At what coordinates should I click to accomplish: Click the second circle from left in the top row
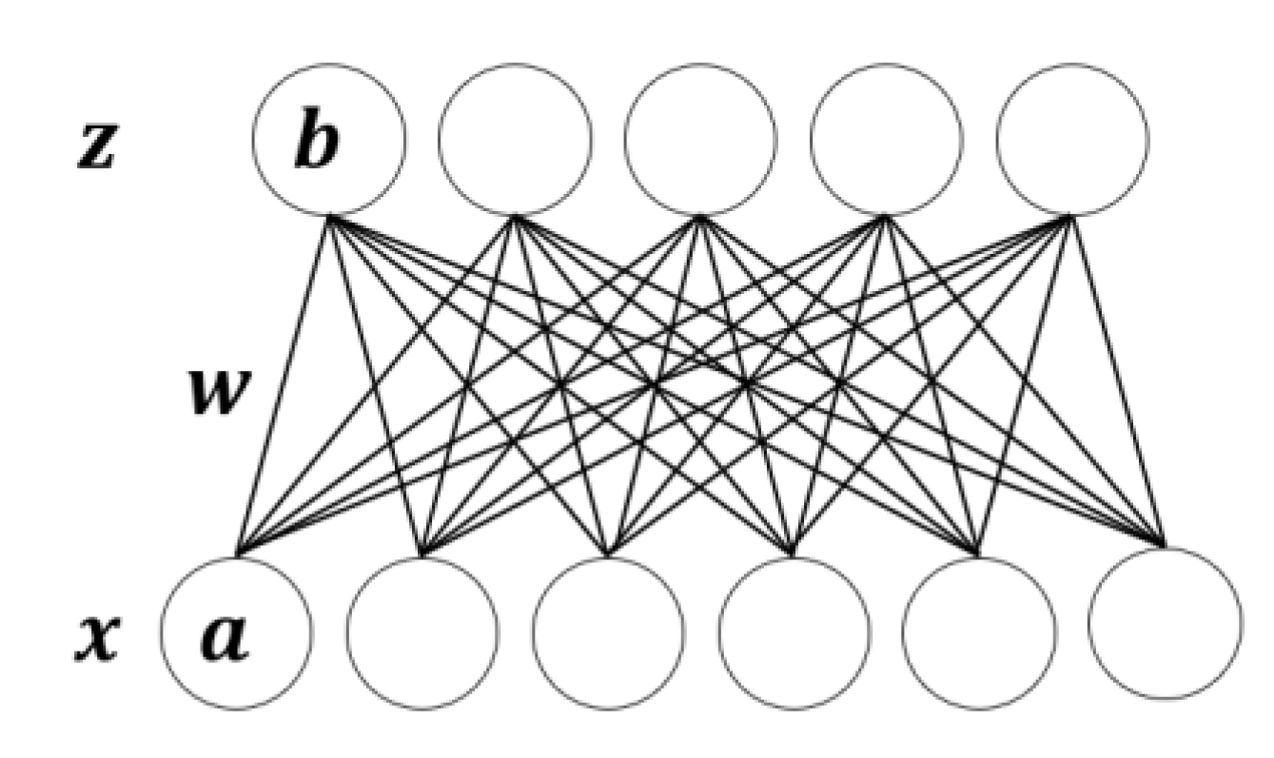click(514, 140)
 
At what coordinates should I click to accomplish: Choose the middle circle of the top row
click(700, 140)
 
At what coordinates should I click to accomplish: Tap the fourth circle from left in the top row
click(886, 140)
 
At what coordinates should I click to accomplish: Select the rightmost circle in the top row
click(1072, 140)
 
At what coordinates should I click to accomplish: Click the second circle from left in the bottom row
click(422, 632)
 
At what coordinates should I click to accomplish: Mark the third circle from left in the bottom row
click(608, 632)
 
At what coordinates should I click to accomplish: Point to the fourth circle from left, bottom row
click(794, 632)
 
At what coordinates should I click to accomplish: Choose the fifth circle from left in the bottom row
click(979, 632)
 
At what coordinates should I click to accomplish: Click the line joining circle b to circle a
click(283, 385)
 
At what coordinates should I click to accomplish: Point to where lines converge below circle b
click(328, 219)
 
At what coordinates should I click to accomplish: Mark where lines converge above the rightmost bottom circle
click(1164, 545)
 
